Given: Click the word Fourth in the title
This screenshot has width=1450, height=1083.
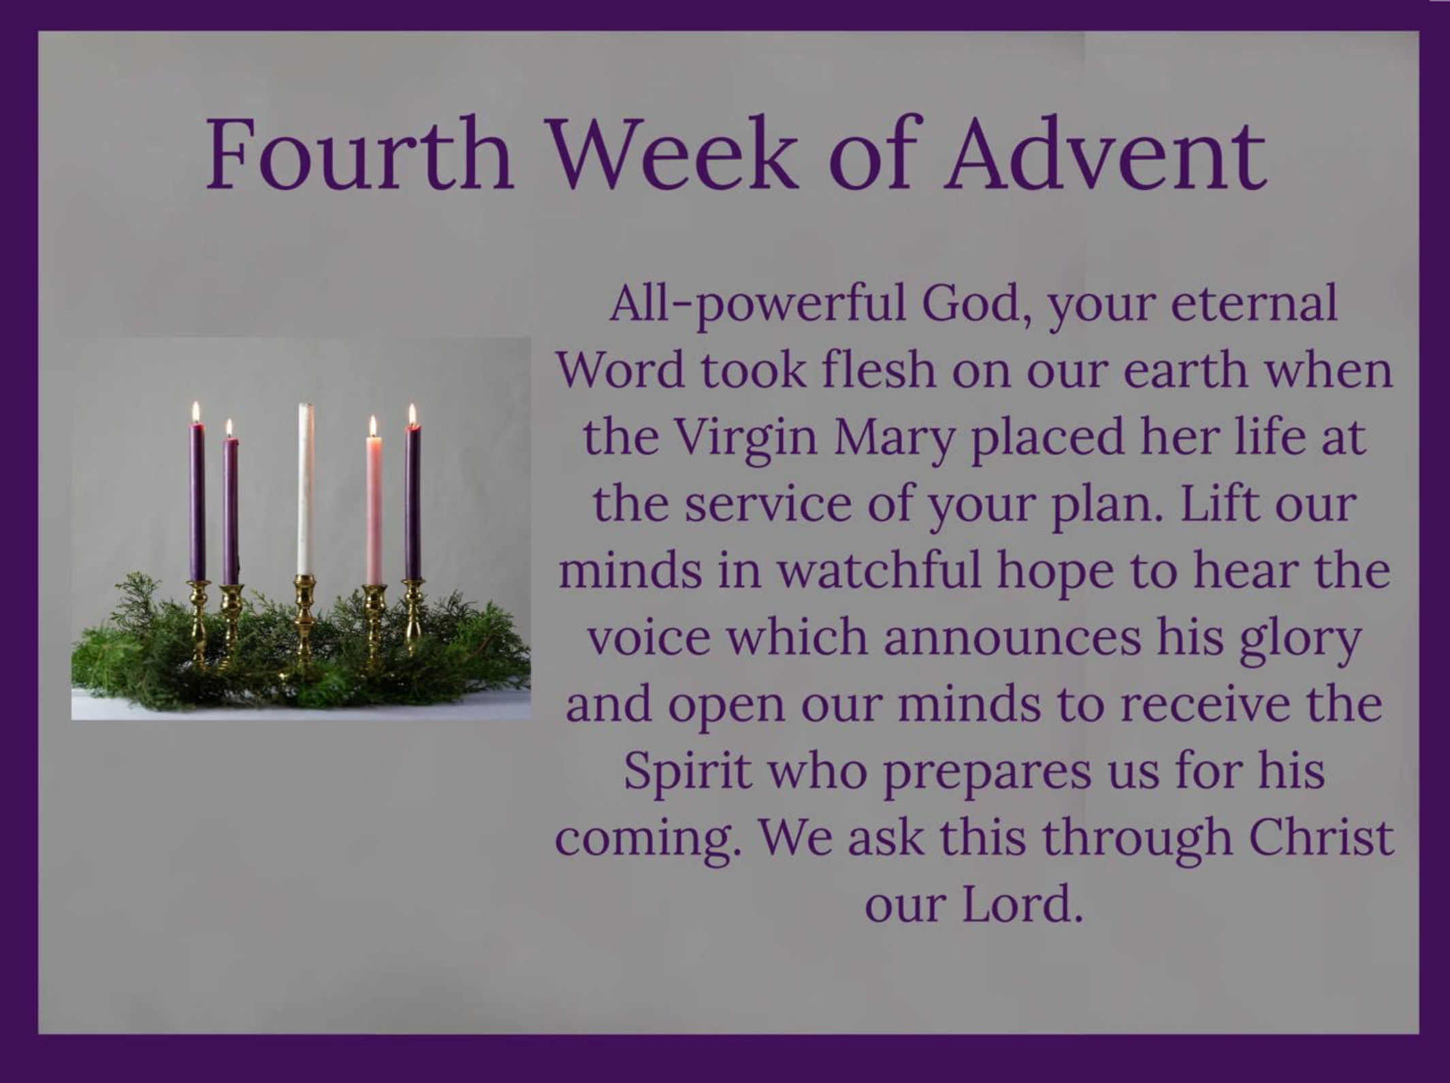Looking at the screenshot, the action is click(359, 155).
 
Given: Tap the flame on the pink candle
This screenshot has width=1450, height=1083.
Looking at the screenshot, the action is click(372, 426).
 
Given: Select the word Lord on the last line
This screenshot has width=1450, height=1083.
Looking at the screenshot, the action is click(1021, 904).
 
